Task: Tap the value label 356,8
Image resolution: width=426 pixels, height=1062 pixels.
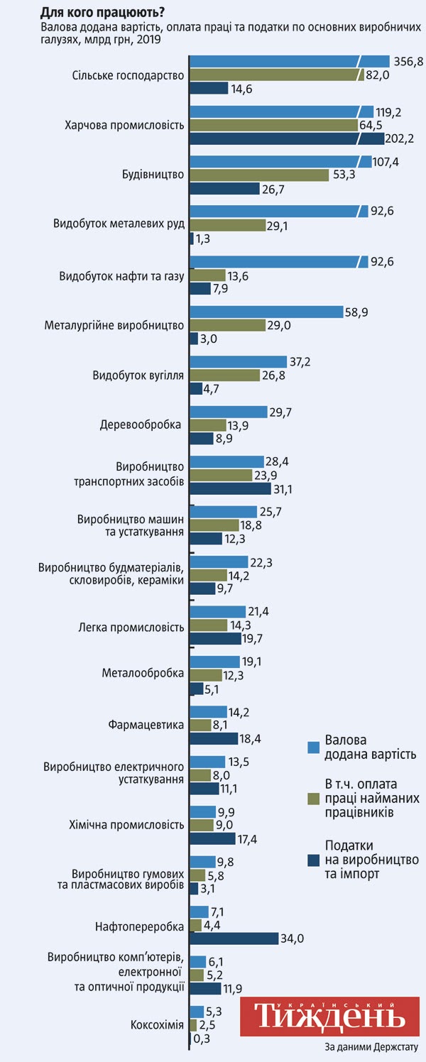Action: click(x=408, y=62)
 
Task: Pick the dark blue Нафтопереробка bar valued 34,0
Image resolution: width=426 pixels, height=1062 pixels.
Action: click(x=234, y=938)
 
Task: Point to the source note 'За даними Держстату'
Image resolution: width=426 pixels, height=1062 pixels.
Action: click(x=371, y=1047)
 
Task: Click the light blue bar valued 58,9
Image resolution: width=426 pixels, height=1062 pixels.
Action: click(x=266, y=312)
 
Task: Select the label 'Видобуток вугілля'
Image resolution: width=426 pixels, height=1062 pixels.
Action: click(x=139, y=375)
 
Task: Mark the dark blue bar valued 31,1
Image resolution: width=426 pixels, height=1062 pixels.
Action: click(x=230, y=488)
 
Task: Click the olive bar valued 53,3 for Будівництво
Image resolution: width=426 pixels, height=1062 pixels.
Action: click(x=259, y=175)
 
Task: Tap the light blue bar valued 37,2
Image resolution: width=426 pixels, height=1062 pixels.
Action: click(x=238, y=362)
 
